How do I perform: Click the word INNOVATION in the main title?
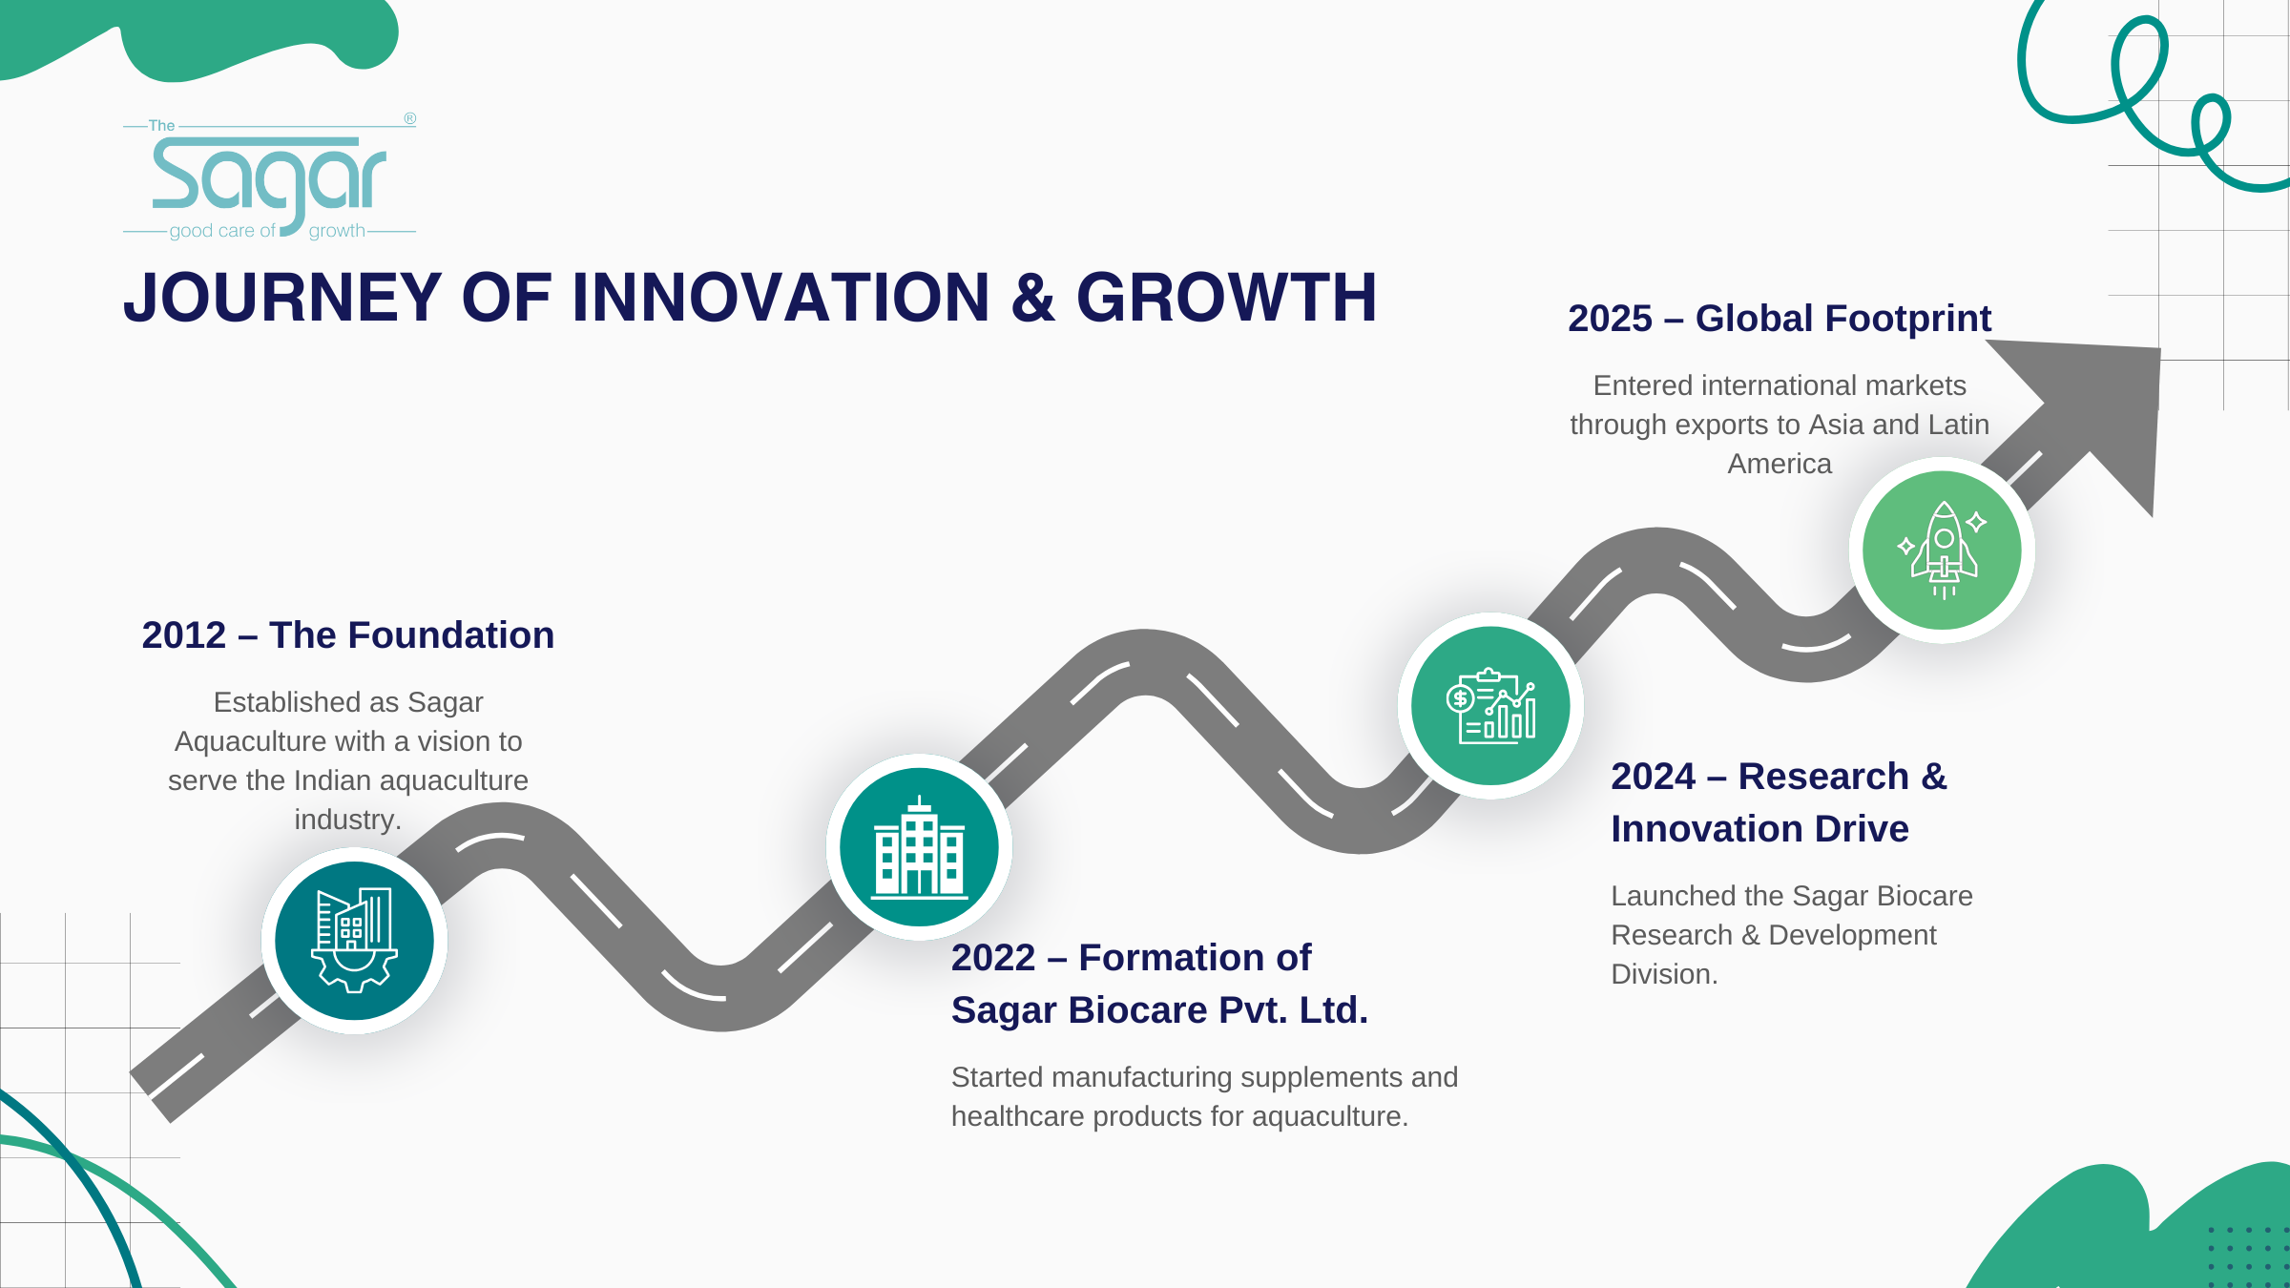[781, 298]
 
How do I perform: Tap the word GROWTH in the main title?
[1227, 298]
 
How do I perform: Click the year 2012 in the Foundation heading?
[184, 635]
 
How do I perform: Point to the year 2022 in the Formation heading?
[993, 958]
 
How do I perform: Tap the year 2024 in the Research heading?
[1654, 777]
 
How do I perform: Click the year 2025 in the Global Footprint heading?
[1610, 319]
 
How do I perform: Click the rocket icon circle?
[1942, 551]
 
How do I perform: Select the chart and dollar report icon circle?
[1490, 706]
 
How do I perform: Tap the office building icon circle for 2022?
[919, 847]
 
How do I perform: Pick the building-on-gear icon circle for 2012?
[354, 941]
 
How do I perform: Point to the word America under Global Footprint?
[1780, 464]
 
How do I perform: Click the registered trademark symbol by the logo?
[409, 118]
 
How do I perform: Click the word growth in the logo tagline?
[337, 231]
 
